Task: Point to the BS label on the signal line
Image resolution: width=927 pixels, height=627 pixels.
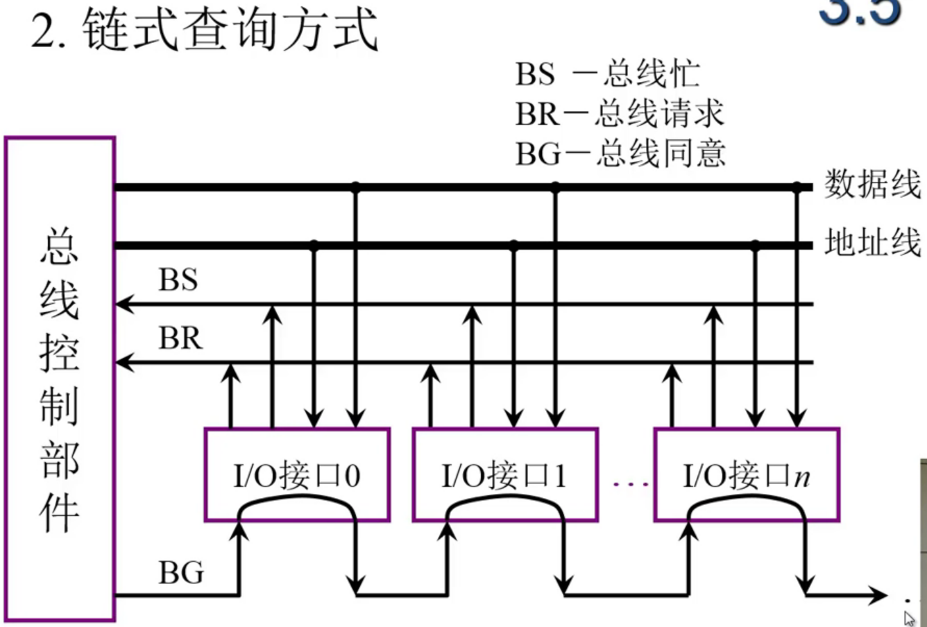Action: (178, 280)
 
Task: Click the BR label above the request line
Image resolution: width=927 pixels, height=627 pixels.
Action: (180, 338)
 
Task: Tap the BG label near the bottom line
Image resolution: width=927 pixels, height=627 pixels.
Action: (182, 573)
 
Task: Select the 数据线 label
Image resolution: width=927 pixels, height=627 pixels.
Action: (872, 184)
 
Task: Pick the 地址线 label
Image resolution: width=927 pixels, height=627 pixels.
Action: (872, 243)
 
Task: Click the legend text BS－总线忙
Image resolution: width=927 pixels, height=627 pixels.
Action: (607, 74)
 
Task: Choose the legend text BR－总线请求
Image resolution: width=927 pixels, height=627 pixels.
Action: (620, 114)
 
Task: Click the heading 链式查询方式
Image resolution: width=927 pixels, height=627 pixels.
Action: (229, 31)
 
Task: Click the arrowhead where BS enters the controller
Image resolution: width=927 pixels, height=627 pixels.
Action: (124, 304)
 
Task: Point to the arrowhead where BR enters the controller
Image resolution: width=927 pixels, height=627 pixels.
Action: (124, 362)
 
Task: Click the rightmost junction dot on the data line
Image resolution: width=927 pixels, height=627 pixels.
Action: (797, 187)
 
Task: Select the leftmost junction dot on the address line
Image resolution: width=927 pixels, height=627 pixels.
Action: (314, 245)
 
